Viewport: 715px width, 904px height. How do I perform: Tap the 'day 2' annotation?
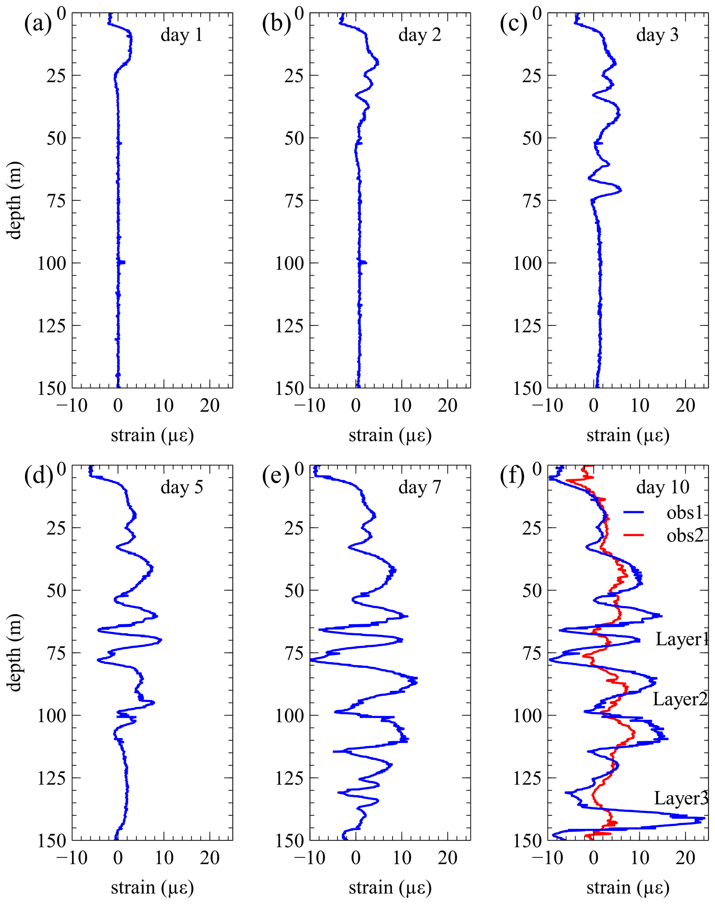[x=420, y=35]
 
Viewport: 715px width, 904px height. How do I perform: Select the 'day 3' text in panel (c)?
[x=657, y=35]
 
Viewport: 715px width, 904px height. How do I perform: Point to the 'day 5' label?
[x=182, y=488]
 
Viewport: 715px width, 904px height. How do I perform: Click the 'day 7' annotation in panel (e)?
[x=420, y=488]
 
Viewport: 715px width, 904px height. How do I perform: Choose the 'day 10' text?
[x=663, y=488]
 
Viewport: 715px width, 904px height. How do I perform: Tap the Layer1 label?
[x=681, y=639]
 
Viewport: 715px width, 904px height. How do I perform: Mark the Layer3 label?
[x=681, y=798]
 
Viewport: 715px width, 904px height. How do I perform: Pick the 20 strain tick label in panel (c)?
[x=685, y=405]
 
